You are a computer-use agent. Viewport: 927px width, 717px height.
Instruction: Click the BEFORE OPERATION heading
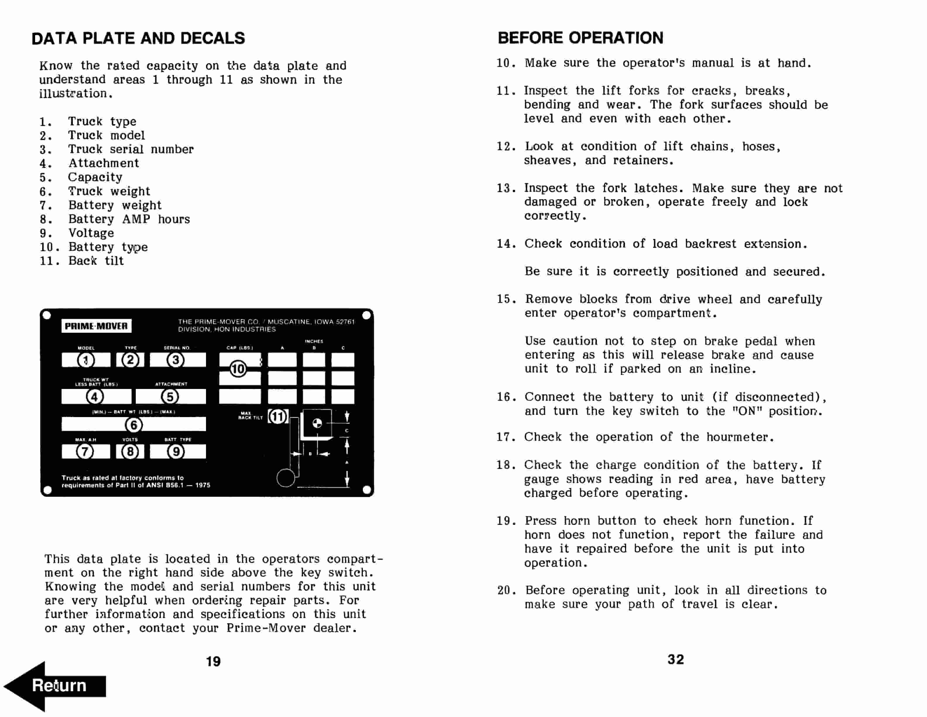[580, 38]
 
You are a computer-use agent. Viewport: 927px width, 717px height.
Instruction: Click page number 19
[213, 661]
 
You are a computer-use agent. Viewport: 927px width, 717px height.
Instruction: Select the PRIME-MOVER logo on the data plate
[96, 326]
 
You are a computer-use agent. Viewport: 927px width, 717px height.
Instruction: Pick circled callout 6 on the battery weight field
[134, 424]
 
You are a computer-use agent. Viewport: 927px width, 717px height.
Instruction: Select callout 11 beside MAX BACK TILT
[278, 416]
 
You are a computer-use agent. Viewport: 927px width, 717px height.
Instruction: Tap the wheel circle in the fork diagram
[286, 478]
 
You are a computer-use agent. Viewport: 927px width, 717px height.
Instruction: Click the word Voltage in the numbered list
[91, 233]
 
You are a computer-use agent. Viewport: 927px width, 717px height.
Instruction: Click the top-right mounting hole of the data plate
[367, 315]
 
